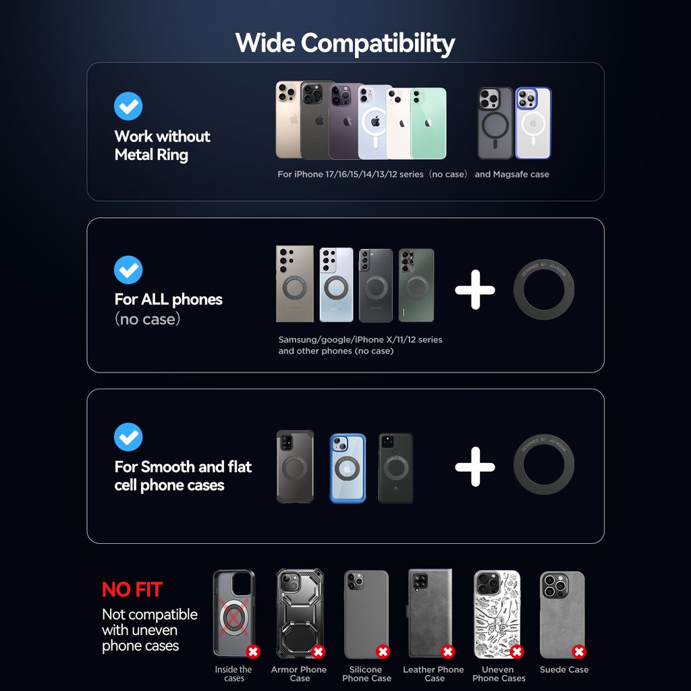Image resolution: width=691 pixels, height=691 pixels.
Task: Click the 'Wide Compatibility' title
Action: tap(345, 43)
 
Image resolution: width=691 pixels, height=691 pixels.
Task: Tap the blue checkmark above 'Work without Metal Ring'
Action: tap(128, 106)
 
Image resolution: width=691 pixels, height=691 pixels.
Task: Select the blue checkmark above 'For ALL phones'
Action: tap(128, 270)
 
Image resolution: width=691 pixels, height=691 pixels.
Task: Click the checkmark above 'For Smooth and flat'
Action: tap(128, 437)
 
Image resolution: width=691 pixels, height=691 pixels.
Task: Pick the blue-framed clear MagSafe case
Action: tap(533, 123)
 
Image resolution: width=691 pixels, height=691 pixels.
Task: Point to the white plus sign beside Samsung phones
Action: tap(475, 289)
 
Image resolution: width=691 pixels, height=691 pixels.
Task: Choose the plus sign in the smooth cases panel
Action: tap(475, 467)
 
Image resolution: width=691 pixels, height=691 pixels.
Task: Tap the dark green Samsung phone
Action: tap(416, 285)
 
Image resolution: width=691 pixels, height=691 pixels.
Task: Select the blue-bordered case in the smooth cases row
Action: tap(348, 468)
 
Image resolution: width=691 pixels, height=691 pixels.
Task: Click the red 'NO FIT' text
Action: tap(132, 590)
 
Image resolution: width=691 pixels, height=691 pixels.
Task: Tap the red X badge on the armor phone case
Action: tap(319, 651)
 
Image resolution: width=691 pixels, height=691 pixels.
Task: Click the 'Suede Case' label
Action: tap(564, 669)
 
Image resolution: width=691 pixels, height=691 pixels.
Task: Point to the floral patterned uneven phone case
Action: tap(497, 614)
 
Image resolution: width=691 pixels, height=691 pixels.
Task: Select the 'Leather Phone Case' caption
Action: tap(434, 674)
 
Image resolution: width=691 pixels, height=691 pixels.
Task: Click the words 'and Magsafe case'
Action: tap(512, 174)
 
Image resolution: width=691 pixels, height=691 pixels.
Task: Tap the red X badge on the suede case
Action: tap(579, 651)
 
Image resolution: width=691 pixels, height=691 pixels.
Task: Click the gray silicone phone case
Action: tap(366, 614)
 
